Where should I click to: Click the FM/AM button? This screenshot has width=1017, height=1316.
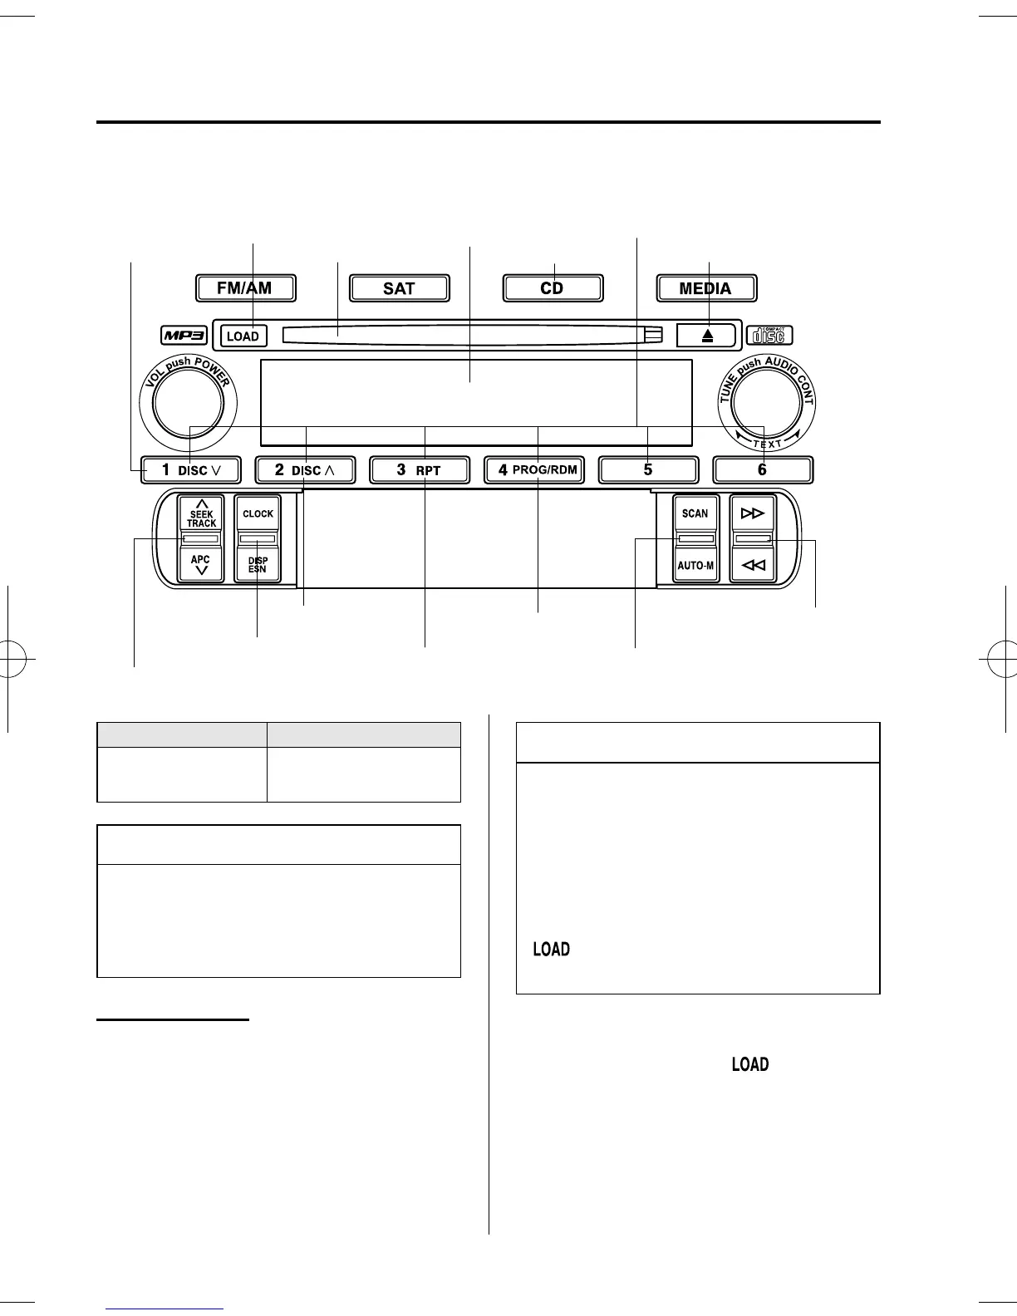click(x=244, y=288)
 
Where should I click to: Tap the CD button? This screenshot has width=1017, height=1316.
click(x=553, y=288)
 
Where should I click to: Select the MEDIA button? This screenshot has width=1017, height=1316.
click(x=705, y=288)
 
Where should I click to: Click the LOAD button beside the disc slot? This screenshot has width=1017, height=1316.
click(x=243, y=336)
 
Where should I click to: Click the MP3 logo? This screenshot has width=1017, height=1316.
click(x=184, y=336)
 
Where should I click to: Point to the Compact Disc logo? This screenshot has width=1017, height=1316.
click(x=769, y=335)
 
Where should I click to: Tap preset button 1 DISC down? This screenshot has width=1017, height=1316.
click(x=190, y=469)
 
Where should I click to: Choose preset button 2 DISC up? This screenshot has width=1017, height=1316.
click(x=305, y=469)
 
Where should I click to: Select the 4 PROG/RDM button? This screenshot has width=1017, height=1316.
click(x=534, y=469)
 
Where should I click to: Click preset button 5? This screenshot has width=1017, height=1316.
click(x=648, y=469)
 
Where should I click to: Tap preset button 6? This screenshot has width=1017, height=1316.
click(x=762, y=469)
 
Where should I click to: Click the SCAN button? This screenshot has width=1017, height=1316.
click(x=695, y=513)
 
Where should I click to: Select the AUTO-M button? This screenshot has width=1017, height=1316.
click(x=695, y=566)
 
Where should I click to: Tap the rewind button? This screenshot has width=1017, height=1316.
click(x=752, y=566)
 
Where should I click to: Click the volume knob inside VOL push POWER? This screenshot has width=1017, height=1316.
click(x=188, y=403)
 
